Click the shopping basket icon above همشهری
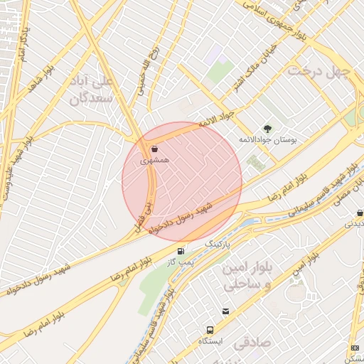[x=155, y=150]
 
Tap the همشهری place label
[x=155, y=162]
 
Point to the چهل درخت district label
[x=318, y=71]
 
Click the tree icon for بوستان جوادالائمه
[x=267, y=129]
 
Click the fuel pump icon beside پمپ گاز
[x=181, y=251]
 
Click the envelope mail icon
[x=226, y=311]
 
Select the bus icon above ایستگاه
[x=210, y=330]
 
